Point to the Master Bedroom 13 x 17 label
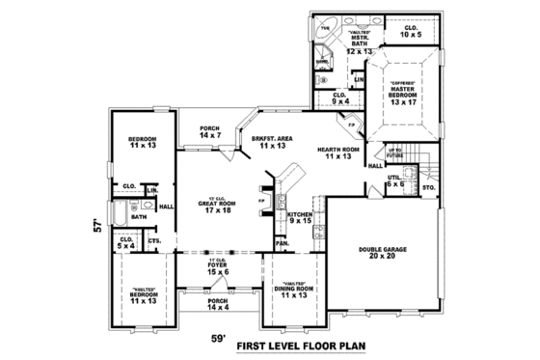point(403,95)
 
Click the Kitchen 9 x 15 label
point(299,218)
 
